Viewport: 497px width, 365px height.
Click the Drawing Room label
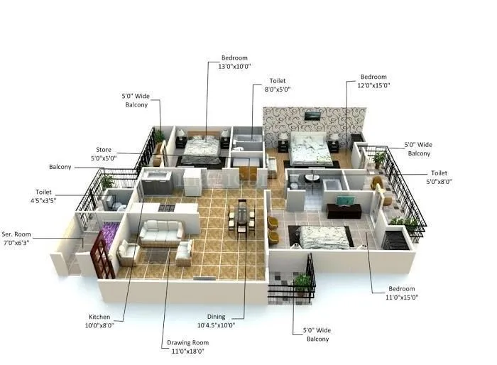[185, 347]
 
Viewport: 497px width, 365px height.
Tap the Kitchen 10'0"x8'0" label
[99, 321]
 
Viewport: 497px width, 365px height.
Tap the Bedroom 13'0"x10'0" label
[234, 62]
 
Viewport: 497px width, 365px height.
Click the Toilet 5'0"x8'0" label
[440, 178]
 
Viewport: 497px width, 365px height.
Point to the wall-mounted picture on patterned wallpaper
[312, 115]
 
